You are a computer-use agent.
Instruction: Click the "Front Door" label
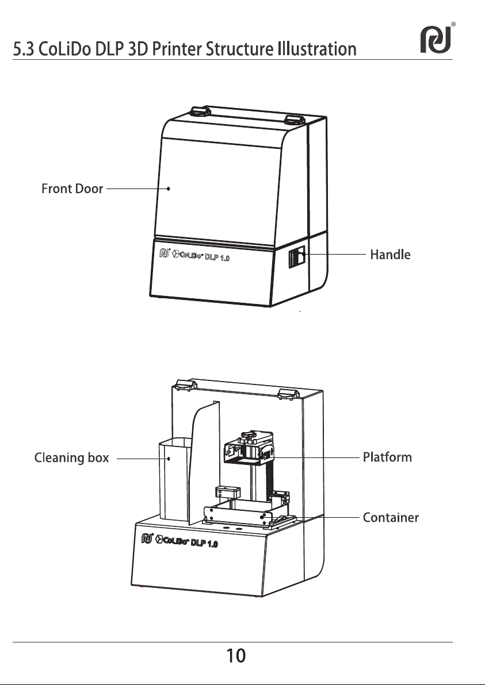tap(72, 188)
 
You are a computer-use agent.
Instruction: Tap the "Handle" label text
tap(389, 254)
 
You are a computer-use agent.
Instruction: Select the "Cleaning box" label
tap(72, 459)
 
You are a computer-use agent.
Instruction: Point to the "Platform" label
tap(387, 457)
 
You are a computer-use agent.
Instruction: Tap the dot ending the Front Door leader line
tap(169, 188)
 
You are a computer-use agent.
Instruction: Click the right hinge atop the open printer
tap(287, 393)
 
